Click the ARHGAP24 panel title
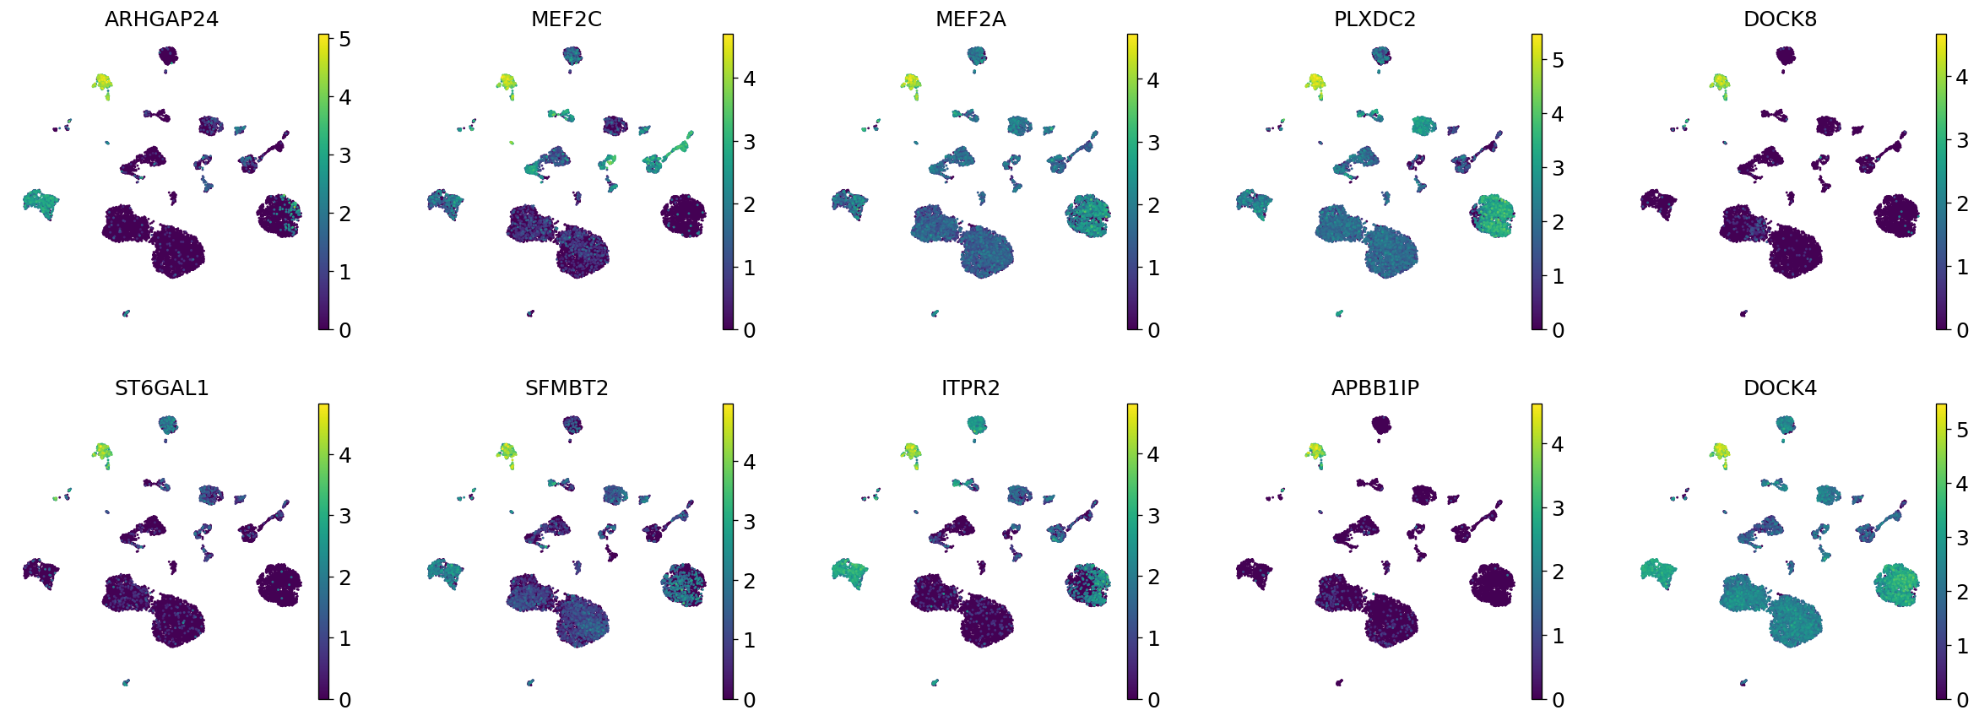point(161,19)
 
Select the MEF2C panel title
point(566,19)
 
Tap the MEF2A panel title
point(970,19)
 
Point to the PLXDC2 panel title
point(1374,19)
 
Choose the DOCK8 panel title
point(1780,19)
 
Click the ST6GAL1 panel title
point(161,388)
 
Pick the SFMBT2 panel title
point(566,388)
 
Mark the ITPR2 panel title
point(970,388)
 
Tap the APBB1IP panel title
point(1374,388)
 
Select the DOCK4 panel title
point(1780,388)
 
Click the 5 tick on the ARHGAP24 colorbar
point(344,39)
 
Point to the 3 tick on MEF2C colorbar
point(749,142)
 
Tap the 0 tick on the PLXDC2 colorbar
point(1558,330)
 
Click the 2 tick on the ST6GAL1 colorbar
point(344,577)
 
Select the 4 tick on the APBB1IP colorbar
point(1558,444)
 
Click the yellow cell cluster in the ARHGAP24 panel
point(102,82)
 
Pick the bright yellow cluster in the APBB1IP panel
point(1315,451)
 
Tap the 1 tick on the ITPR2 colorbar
point(1153,638)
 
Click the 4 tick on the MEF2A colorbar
point(1153,80)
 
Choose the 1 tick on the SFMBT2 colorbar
point(749,640)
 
